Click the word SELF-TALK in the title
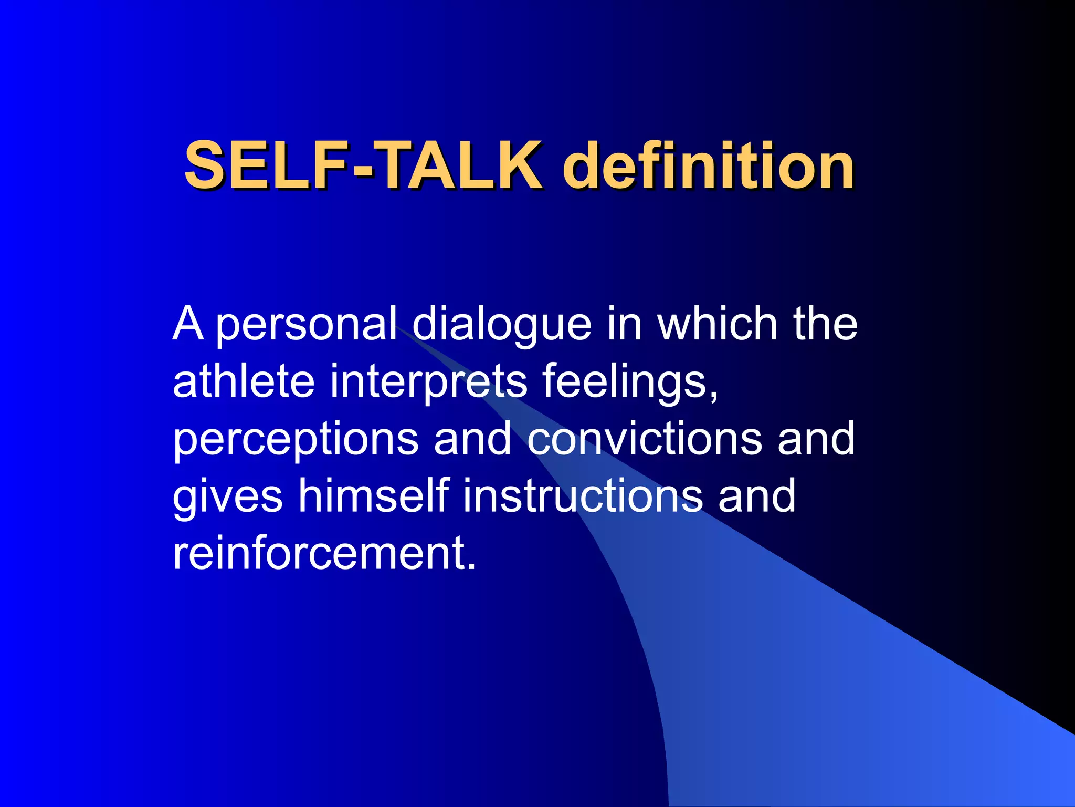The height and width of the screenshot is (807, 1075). click(363, 165)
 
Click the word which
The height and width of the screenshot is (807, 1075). click(717, 324)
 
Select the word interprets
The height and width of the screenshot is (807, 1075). click(428, 382)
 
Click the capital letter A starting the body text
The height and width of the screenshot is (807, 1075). click(187, 324)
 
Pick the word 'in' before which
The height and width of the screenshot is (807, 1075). click(624, 324)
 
